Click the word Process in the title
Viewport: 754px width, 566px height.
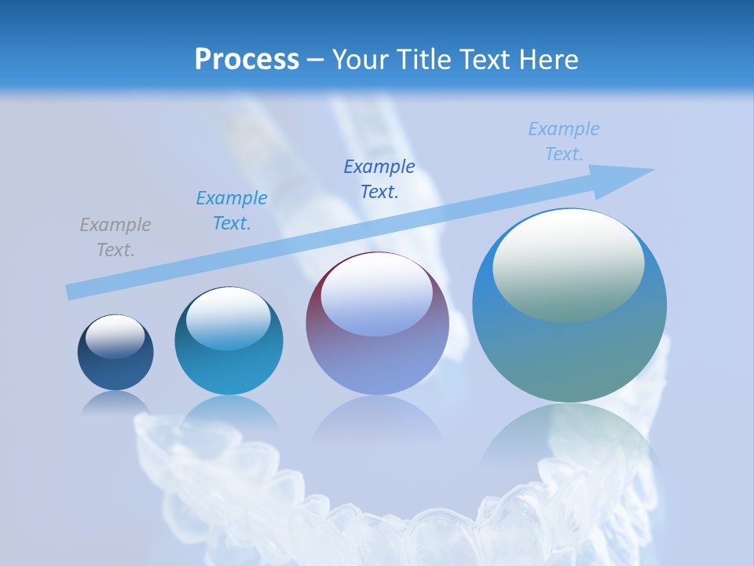tap(247, 59)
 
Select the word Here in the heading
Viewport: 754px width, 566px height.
tap(547, 59)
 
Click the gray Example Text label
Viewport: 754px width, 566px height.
tap(115, 237)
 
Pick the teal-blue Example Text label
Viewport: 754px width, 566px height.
tap(232, 211)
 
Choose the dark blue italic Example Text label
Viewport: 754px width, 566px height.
tap(379, 179)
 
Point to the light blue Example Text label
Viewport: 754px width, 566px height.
tap(564, 141)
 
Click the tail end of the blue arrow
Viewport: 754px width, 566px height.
tap(72, 292)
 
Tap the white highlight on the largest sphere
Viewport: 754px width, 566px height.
tap(569, 263)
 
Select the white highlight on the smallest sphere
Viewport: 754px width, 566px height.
tap(115, 336)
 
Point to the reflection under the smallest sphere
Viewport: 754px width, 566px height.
tap(115, 402)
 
